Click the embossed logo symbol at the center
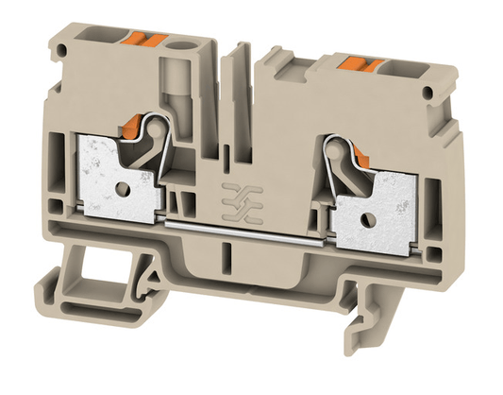[x=232, y=193]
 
